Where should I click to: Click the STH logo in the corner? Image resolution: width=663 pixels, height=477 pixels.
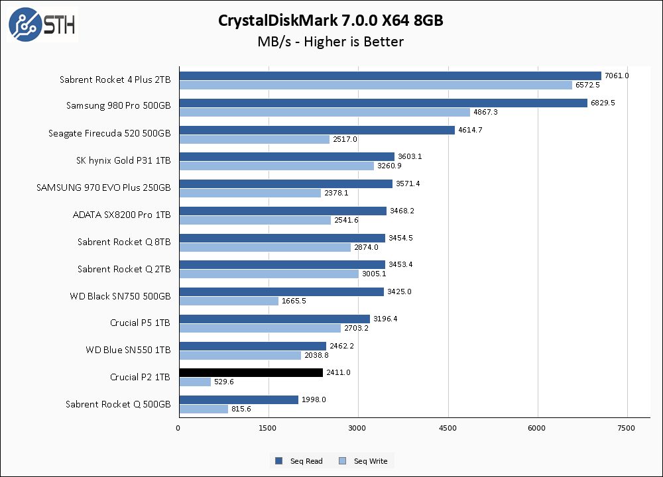point(42,25)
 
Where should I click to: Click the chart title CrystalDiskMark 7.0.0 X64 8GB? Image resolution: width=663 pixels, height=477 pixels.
point(331,21)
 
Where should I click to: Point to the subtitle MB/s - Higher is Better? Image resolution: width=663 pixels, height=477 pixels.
point(331,42)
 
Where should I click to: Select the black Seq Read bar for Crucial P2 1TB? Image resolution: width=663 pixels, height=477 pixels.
point(251,373)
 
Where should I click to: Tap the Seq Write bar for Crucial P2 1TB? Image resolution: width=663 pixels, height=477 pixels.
point(195,382)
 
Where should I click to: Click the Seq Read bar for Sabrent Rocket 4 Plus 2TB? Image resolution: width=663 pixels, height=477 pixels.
point(390,76)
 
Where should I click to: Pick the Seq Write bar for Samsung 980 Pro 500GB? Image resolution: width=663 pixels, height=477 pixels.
point(324,112)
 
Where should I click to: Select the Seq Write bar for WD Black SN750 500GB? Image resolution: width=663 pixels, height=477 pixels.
point(229,301)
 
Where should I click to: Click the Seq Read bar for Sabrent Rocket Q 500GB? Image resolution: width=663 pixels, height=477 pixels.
point(239,399)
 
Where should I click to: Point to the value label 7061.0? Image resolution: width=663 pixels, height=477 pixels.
point(617,76)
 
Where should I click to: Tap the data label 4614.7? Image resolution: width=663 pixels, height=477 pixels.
point(469,130)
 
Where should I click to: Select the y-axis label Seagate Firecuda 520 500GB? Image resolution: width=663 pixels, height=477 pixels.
point(109,133)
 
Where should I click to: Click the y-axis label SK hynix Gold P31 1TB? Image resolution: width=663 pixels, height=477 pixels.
point(123,160)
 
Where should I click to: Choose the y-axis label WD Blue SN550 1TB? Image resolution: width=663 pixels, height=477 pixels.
point(128,350)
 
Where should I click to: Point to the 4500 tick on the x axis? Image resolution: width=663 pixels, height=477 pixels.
point(448,428)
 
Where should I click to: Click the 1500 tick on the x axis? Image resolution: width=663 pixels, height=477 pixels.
point(268,428)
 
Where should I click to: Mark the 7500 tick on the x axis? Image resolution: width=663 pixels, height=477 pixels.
point(627,428)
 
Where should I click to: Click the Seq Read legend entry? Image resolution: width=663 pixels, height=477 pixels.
point(300,461)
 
